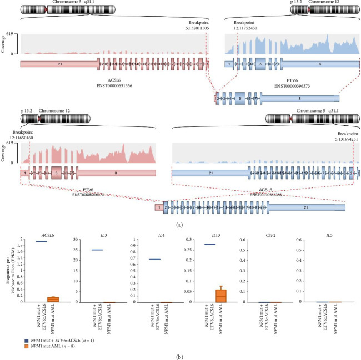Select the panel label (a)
[179, 225]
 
